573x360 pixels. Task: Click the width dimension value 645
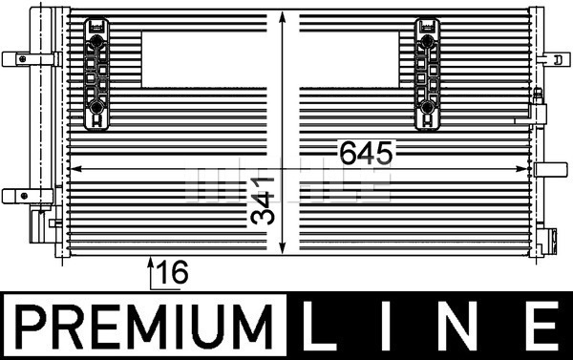tap(364, 153)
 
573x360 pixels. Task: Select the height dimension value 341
tap(264, 202)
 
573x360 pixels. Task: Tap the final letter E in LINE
tap(541, 328)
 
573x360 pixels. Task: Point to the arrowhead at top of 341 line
tap(281, 21)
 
